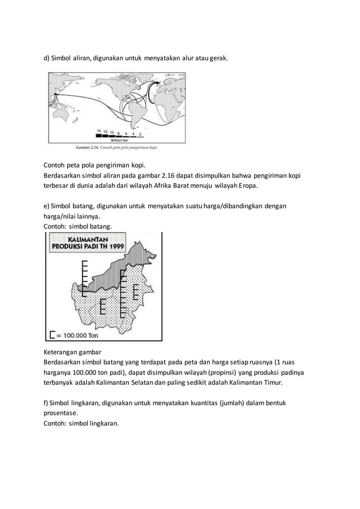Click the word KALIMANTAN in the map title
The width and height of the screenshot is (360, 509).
89,238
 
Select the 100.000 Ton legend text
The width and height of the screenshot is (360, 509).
80,334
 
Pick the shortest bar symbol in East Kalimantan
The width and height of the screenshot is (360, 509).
136,292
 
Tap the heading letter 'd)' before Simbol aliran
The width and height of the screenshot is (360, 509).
47,58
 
